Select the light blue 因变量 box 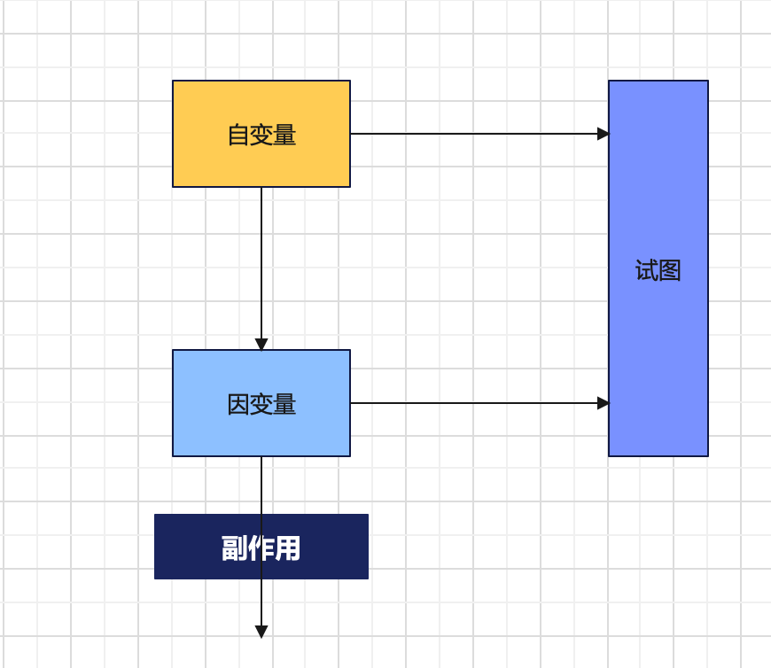coord(261,430)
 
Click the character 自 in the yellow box coord(238,135)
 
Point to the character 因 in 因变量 coord(238,405)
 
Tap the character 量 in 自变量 coord(284,135)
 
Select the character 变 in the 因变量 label coord(261,405)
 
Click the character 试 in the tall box coord(646,270)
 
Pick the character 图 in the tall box coord(670,270)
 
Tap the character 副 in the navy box coord(234,548)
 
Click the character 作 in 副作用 coord(261,548)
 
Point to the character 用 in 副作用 coord(288,548)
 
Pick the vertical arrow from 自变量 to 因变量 coord(261,266)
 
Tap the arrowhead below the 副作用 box coord(261,632)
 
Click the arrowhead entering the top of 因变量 coord(261,345)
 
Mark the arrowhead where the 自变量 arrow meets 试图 coord(604,134)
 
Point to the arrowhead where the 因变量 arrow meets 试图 coord(604,403)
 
